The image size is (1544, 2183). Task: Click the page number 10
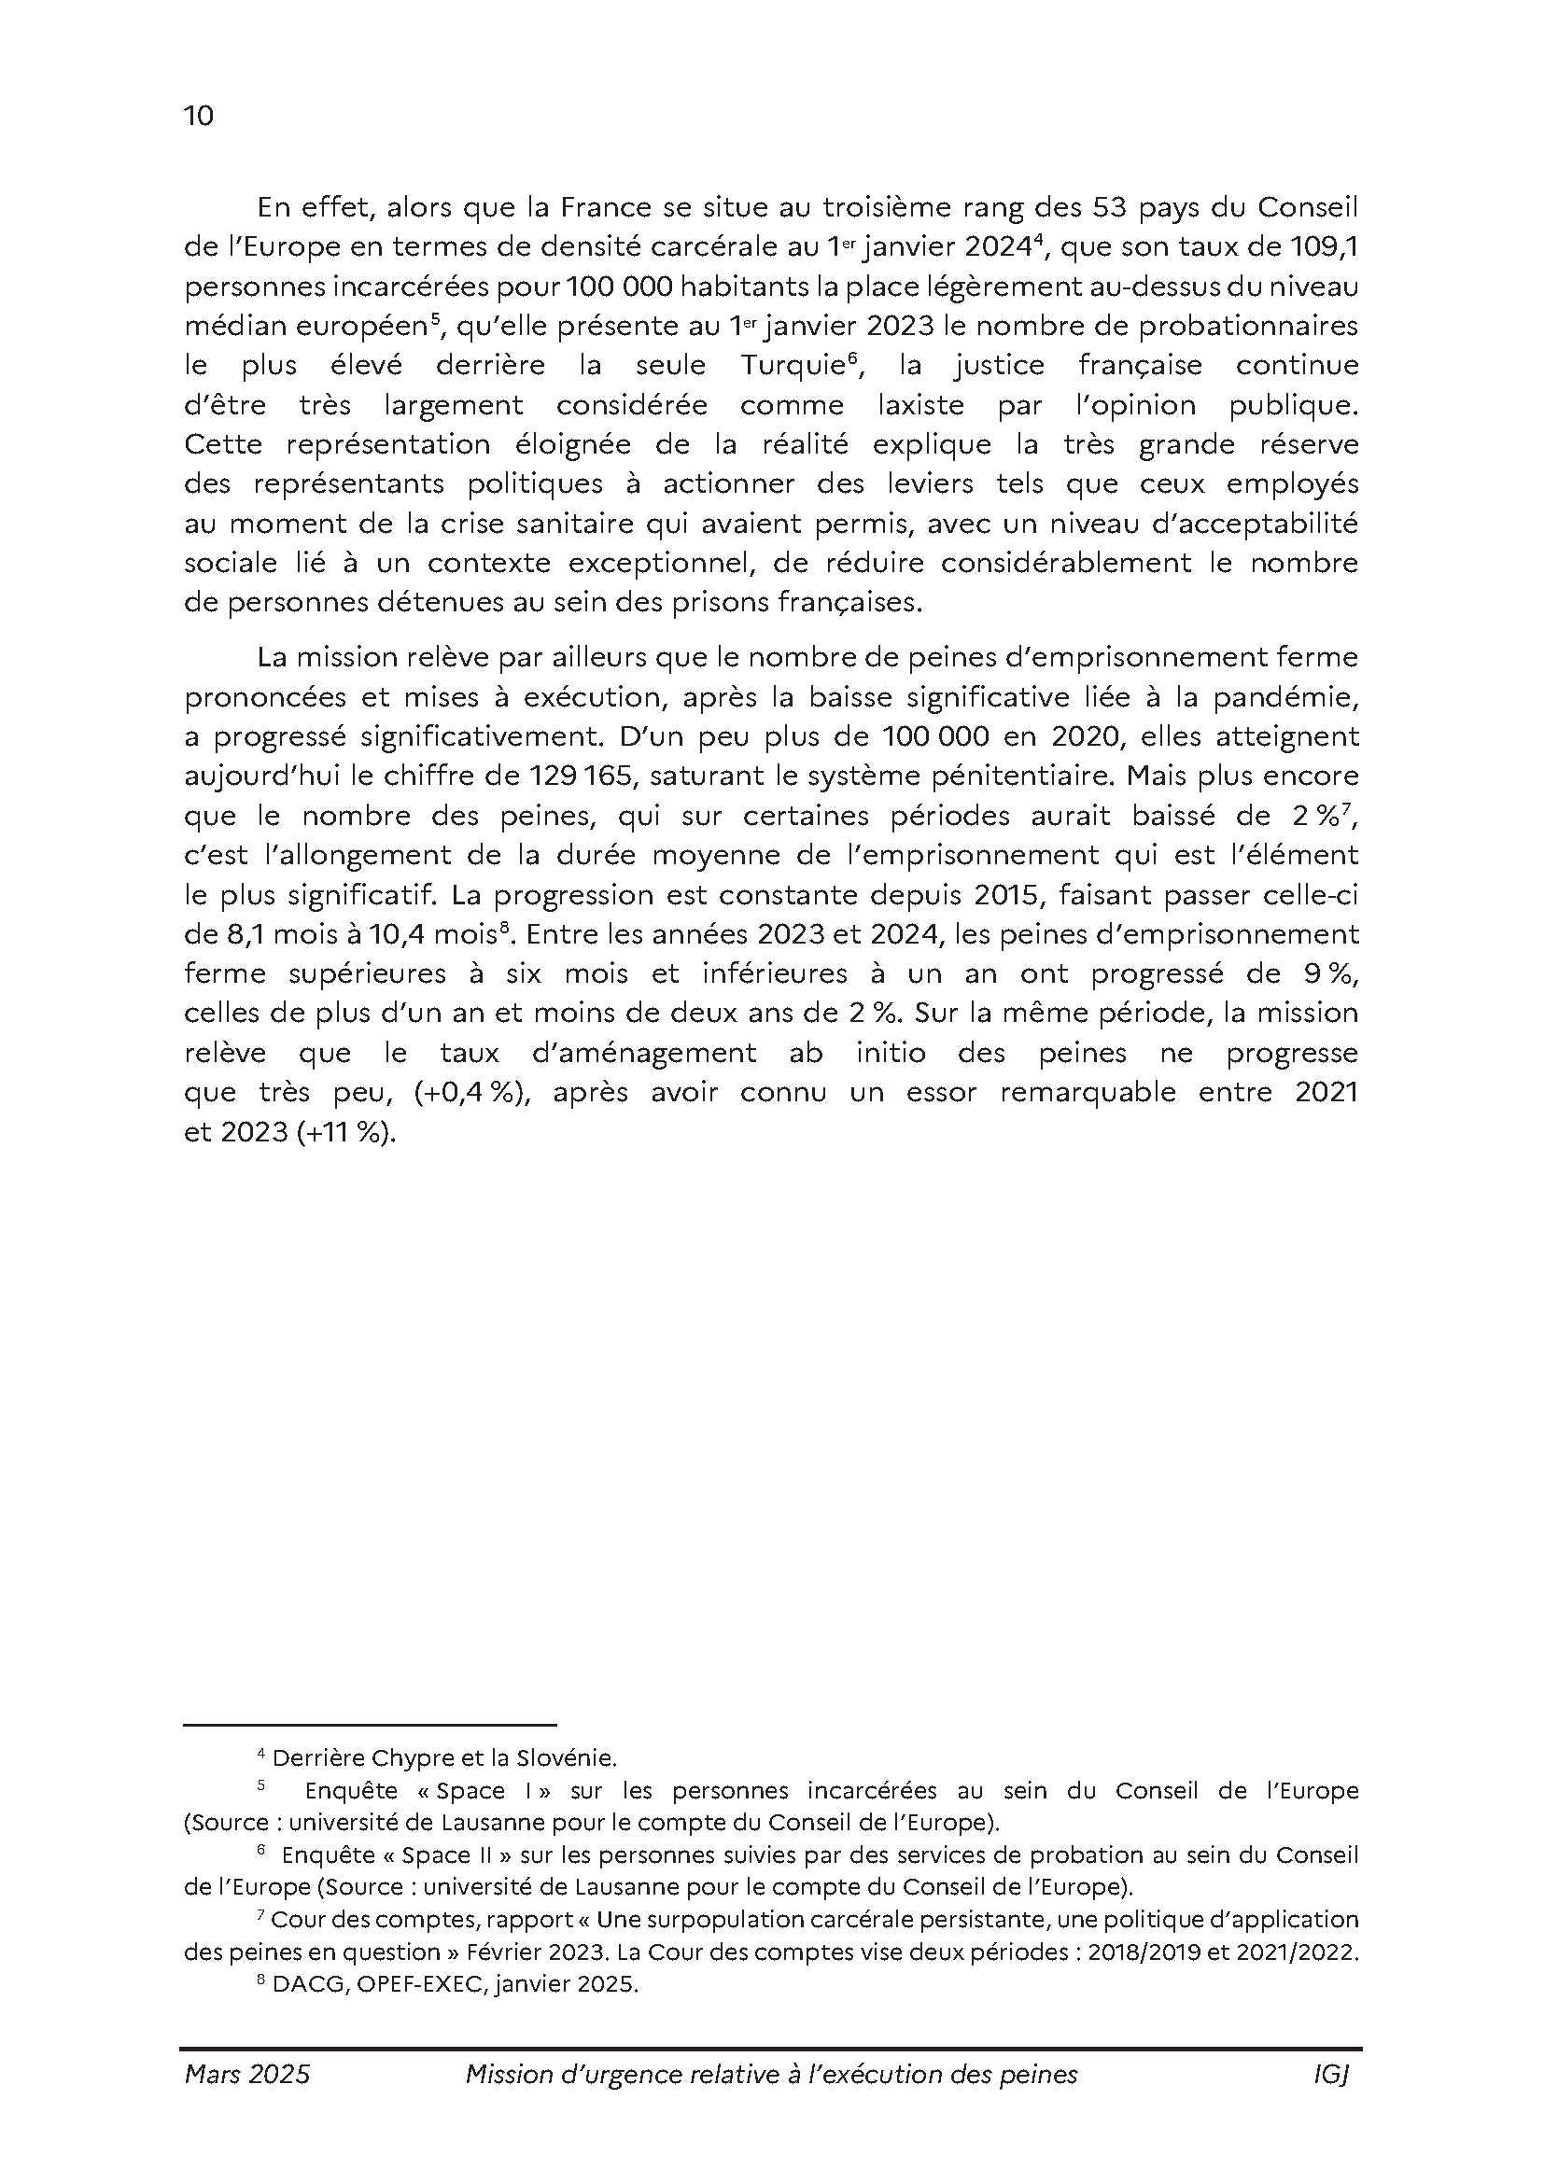pyautogui.click(x=199, y=116)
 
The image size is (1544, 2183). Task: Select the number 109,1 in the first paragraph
pyautogui.click(x=1324, y=247)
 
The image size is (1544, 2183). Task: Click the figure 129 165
pyautogui.click(x=581, y=777)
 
